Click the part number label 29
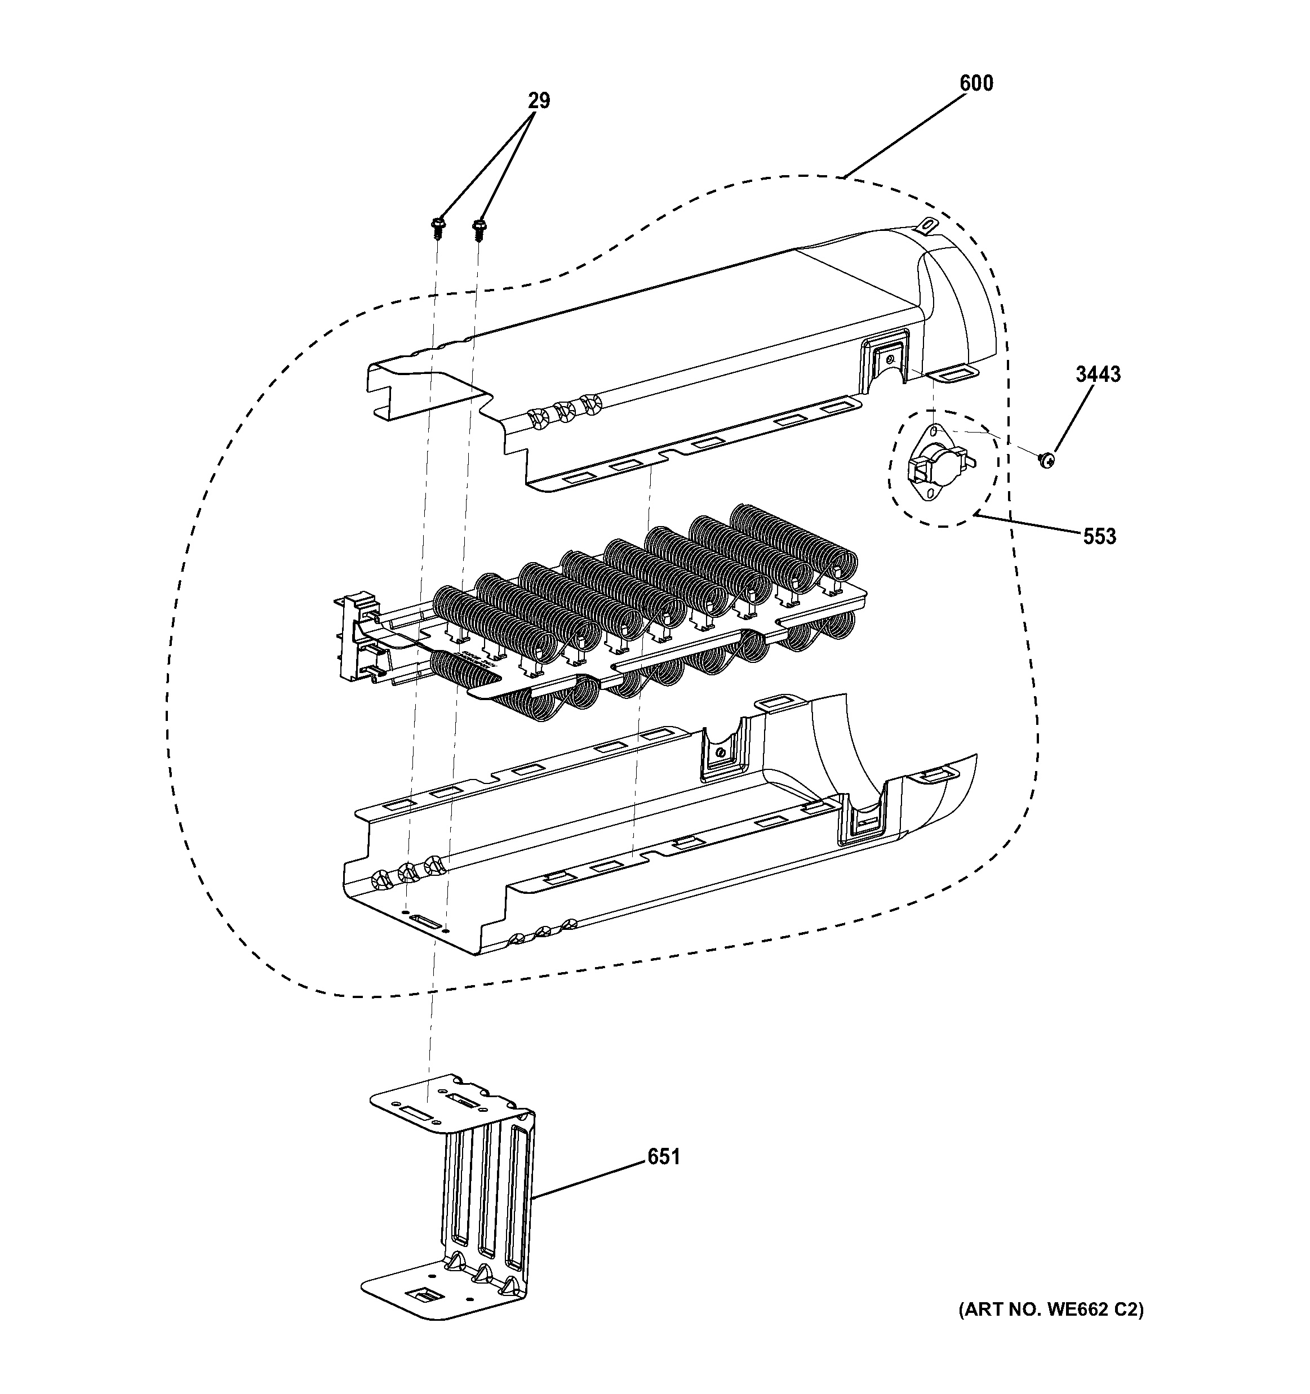click(539, 101)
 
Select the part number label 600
click(976, 83)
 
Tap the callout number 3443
click(1098, 375)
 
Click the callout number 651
click(663, 1156)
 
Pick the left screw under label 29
click(438, 226)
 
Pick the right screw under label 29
click(479, 226)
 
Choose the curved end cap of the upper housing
click(961, 309)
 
